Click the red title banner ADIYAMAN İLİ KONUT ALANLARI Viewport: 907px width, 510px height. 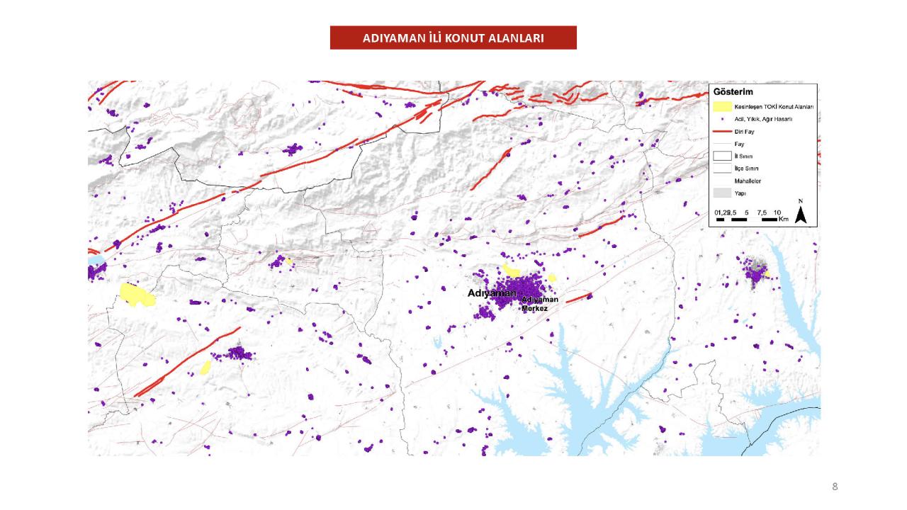click(453, 38)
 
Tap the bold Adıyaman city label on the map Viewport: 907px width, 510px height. click(492, 293)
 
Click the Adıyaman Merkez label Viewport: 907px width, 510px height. click(540, 304)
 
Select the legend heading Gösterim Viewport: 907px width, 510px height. click(733, 92)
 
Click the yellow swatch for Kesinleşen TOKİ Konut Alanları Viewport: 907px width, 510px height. click(722, 106)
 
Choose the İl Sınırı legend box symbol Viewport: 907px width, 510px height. click(722, 156)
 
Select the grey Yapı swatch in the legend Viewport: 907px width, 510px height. click(722, 192)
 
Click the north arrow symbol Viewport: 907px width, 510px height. click(801, 213)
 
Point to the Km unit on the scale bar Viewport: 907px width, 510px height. click(783, 220)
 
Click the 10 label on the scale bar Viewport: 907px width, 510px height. click(777, 212)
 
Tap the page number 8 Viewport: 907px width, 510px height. click(835, 487)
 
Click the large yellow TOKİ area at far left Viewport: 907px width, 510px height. click(137, 295)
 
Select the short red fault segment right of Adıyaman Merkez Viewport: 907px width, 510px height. click(579, 297)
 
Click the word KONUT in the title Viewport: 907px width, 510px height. click(466, 38)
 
